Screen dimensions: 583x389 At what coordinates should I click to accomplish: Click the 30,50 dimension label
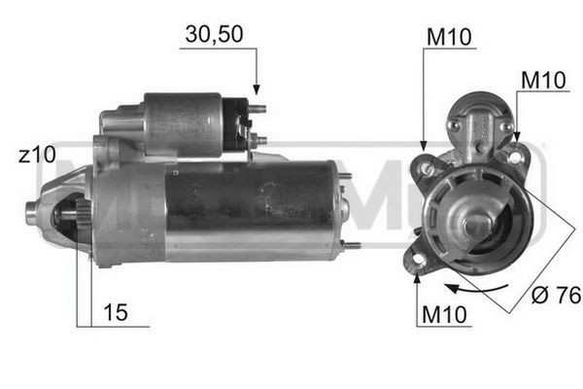point(214,35)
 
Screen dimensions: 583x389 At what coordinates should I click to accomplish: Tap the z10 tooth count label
point(37,155)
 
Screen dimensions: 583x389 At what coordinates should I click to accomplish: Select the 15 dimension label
point(116,312)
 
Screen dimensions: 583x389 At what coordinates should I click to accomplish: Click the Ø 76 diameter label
point(556,295)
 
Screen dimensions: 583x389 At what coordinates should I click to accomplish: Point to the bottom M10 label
point(444,314)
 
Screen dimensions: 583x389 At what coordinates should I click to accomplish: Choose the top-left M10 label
point(449,37)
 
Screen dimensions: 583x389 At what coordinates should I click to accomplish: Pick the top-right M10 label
point(543,80)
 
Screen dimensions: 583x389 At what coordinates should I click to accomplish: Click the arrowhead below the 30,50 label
point(257,89)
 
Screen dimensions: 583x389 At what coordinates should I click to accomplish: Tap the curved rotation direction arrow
point(476,288)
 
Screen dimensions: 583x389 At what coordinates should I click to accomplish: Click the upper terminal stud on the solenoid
point(257,109)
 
